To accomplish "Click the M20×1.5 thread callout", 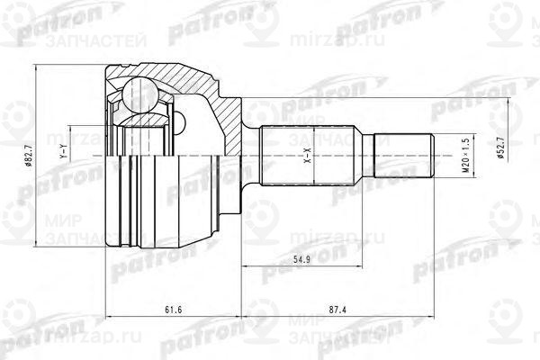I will point(464,154).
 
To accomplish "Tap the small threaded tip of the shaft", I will point(405,154).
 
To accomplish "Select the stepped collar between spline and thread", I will point(367,154).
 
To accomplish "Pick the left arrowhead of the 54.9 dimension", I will point(244,268).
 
